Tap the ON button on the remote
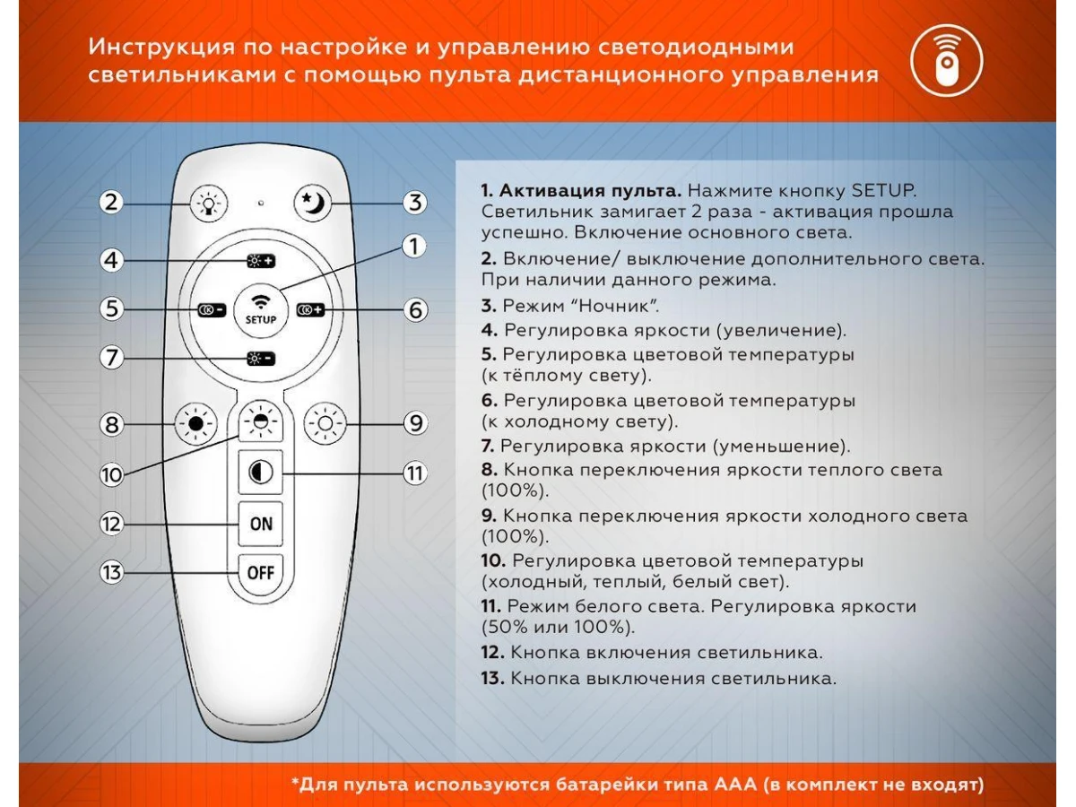[260, 524]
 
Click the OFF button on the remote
[260, 572]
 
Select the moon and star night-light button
[313, 203]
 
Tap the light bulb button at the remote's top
[209, 203]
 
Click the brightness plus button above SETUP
[261, 261]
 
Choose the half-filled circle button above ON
[260, 473]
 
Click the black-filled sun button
[195, 423]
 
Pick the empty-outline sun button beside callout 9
[325, 423]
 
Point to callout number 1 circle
[414, 246]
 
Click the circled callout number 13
[112, 572]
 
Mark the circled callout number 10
[112, 475]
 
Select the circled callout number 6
[415, 309]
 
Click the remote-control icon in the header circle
[947, 61]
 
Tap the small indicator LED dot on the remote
[261, 203]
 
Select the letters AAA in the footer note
[734, 785]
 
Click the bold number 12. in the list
[492, 652]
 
